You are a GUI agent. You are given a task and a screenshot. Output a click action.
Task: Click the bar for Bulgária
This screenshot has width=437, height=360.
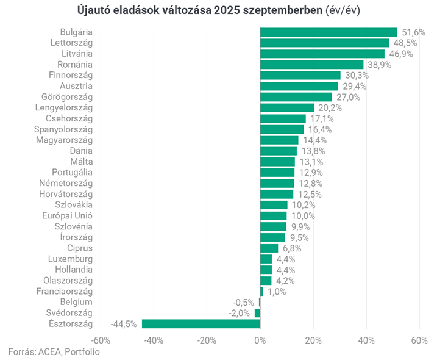(x=329, y=32)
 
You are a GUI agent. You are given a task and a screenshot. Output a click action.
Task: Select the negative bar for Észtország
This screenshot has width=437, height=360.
(x=201, y=324)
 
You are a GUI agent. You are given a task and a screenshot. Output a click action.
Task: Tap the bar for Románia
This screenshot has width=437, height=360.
(x=311, y=64)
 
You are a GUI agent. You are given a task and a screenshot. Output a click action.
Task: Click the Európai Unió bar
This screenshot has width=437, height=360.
(x=273, y=215)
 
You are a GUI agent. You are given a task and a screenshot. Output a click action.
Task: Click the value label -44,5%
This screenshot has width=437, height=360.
(x=124, y=324)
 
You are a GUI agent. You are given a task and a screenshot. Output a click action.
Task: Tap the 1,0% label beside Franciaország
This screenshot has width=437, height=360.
(x=276, y=292)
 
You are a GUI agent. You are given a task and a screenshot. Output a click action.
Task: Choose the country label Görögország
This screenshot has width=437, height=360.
(x=66, y=97)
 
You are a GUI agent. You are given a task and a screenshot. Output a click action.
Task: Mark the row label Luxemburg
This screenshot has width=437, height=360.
(x=70, y=259)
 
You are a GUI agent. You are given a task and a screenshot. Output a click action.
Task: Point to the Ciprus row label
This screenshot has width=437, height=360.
(x=80, y=248)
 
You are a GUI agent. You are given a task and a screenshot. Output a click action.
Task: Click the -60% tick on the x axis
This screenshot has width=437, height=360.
(x=101, y=340)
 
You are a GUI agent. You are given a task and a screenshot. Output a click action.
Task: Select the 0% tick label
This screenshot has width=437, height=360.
(x=260, y=340)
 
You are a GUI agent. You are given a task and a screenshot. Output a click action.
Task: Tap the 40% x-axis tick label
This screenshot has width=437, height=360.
(x=366, y=340)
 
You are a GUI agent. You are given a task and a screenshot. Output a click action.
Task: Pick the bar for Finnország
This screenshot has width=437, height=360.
(x=300, y=75)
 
